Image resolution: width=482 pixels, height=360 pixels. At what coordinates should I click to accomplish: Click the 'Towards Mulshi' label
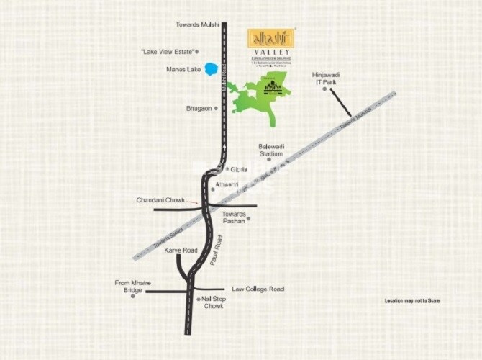click(197, 24)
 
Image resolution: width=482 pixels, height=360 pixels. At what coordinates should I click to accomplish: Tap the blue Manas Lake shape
click(211, 69)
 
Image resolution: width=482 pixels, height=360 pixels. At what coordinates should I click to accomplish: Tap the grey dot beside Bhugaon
click(215, 108)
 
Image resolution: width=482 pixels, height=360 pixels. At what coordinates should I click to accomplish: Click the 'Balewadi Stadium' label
click(270, 149)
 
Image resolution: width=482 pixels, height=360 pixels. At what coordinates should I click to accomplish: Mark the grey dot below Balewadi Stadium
click(269, 159)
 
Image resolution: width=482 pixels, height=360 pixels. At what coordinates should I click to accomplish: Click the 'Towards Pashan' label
click(236, 217)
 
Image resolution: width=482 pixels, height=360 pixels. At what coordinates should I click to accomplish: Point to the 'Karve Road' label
click(180, 250)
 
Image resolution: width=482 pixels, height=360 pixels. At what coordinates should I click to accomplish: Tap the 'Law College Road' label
click(258, 289)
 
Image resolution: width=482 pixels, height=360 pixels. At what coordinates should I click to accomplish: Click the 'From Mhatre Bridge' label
click(133, 286)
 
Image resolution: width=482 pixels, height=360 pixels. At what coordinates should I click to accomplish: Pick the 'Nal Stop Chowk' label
click(213, 302)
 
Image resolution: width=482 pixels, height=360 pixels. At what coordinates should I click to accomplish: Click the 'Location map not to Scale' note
click(412, 300)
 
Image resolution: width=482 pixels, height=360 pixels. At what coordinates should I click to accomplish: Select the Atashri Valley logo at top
click(268, 45)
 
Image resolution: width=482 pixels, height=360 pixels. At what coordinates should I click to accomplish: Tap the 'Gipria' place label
click(239, 170)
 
